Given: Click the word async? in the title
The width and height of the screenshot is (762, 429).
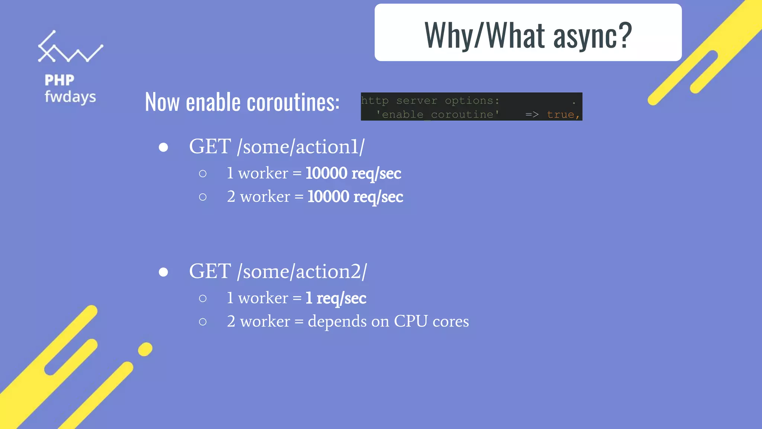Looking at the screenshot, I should tap(592, 36).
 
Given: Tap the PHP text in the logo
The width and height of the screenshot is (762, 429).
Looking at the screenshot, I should tap(60, 80).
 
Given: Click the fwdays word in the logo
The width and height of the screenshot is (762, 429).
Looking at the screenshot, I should tap(70, 97).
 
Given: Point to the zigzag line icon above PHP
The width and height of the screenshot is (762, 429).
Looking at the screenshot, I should tap(70, 48).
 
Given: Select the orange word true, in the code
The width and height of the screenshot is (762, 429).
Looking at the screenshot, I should tap(563, 115).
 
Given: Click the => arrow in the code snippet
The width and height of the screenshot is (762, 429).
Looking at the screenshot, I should tap(532, 115).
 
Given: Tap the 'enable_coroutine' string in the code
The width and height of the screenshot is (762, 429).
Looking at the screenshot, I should tap(437, 115).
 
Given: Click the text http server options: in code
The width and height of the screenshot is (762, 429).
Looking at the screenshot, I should tap(430, 101).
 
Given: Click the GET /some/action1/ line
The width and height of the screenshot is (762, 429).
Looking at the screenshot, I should tap(277, 147).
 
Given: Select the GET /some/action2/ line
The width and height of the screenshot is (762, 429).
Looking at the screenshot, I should tap(278, 271).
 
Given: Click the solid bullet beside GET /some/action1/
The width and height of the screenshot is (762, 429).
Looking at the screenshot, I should tap(163, 148).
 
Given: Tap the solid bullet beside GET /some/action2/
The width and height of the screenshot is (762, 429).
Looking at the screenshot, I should tap(163, 273).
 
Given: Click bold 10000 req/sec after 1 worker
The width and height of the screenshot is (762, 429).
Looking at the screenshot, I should tap(353, 174).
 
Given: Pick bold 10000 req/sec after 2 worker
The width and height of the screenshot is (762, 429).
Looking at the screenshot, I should tap(355, 197).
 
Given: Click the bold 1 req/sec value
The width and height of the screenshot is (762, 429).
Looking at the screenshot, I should tap(336, 298).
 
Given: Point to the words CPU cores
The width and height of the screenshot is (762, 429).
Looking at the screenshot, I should tap(431, 321).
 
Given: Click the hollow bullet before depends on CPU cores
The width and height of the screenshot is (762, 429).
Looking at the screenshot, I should tap(202, 322).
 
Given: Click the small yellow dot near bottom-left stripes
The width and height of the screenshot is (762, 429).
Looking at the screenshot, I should tap(145, 349).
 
